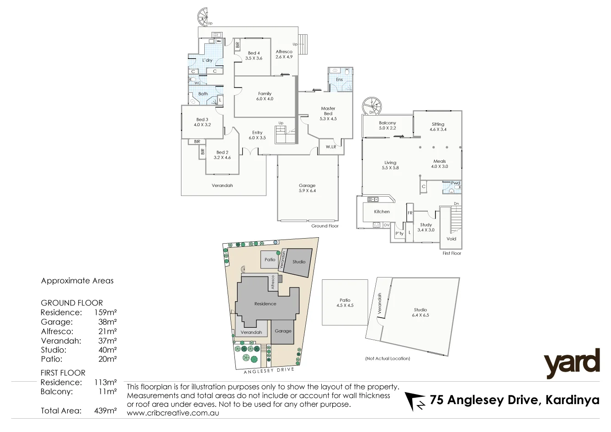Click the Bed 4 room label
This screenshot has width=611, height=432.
click(254, 53)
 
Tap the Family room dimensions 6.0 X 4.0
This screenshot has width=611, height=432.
click(265, 99)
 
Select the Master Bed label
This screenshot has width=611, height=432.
click(328, 111)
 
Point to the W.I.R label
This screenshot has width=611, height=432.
click(331, 147)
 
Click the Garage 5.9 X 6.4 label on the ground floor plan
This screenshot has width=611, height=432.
click(307, 188)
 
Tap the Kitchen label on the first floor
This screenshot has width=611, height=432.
click(382, 212)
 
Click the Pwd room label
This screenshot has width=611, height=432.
click(455, 183)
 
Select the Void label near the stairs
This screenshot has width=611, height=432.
click(451, 239)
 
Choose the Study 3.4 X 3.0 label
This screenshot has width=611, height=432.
click(426, 227)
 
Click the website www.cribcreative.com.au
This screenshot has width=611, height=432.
click(173, 413)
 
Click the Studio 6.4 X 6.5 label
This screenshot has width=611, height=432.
click(420, 312)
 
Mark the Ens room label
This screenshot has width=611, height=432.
click(339, 80)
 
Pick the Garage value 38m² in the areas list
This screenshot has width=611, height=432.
click(107, 322)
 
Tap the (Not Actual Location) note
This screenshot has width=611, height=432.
click(388, 358)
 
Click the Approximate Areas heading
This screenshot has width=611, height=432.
click(77, 281)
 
